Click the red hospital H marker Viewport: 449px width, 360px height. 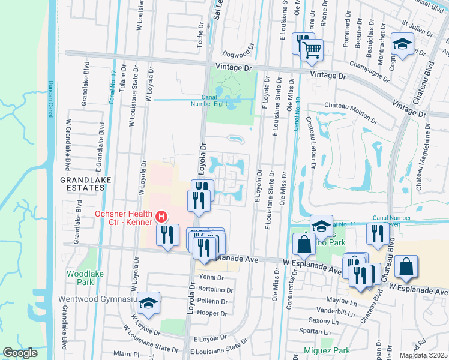[160, 217]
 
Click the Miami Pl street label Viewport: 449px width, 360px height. [126, 353]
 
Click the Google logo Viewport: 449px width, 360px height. [20, 353]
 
